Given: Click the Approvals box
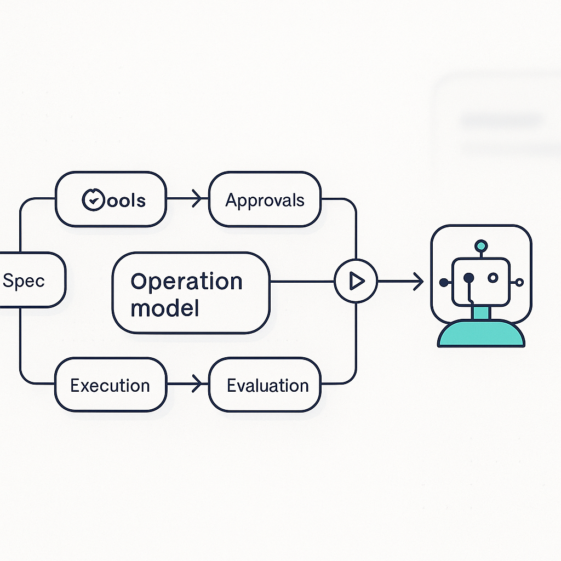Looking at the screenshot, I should pos(265,199).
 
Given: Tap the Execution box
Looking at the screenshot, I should pos(110,385).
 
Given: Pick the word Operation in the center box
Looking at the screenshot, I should pos(187,282).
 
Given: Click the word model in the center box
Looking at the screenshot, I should pos(165,308).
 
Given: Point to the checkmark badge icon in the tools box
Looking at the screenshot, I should pos(91,200).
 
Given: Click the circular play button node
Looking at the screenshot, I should pos(356,282).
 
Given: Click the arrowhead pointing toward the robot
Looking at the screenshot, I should pos(418,282).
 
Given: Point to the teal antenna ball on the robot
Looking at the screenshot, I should pos(481,245).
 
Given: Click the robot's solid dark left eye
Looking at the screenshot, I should pos(468,278).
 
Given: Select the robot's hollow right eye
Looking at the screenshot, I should pos(493,278).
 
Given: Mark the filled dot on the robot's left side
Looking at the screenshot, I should pos(444,283).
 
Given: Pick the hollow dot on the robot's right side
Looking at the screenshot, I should pos(519,283).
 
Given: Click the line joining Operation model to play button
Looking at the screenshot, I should pos(302,282).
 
